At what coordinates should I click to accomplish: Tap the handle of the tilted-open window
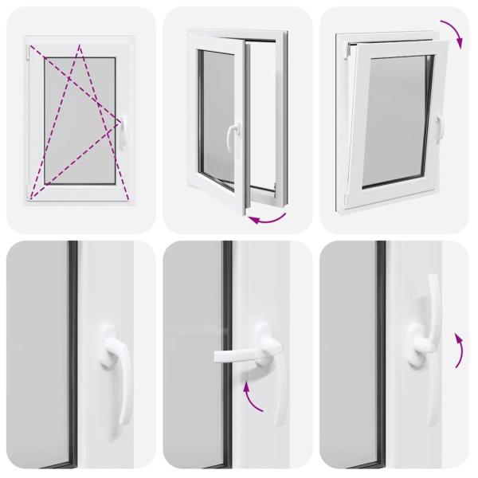(x=437, y=127)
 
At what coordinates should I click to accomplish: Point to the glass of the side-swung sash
(x=215, y=119)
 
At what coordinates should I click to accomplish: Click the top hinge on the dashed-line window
(x=29, y=56)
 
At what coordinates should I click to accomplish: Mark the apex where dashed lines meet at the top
(x=80, y=46)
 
